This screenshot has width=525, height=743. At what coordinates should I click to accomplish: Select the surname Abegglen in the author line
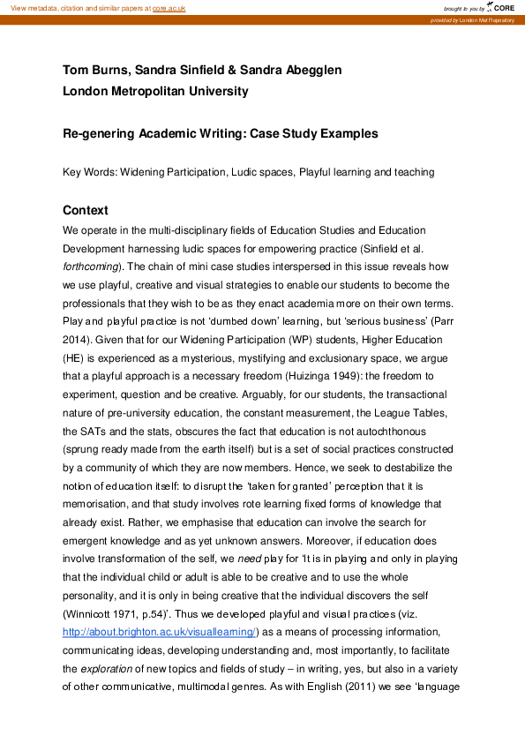pos(309,71)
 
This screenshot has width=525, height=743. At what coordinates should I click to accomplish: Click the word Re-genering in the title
pos(99,134)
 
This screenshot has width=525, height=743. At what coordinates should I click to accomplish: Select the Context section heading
pos(86,211)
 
